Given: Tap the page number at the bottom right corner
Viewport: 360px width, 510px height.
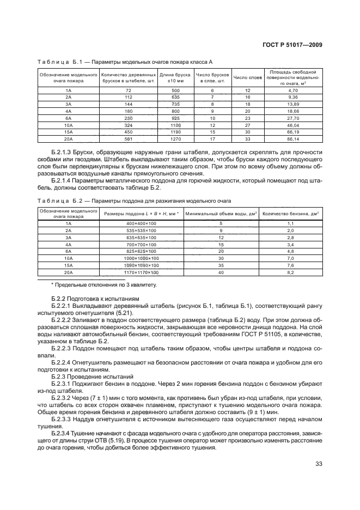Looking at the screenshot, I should [319, 465].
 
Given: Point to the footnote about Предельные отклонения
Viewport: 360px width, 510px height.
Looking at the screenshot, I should [103, 285].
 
